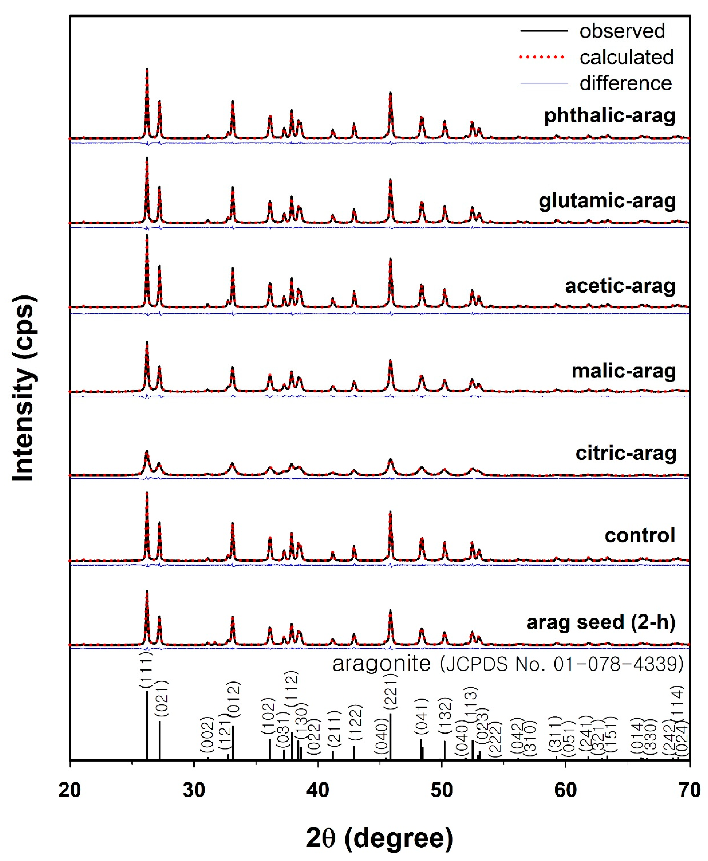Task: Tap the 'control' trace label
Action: click(x=640, y=535)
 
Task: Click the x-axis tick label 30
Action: click(x=194, y=790)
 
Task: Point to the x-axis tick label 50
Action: click(x=442, y=790)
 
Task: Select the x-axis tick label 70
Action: click(x=689, y=790)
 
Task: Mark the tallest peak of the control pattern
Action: click(x=147, y=493)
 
